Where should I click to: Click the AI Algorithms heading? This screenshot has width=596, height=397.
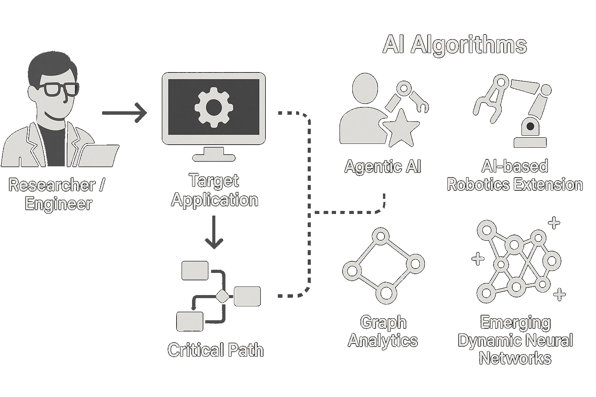[454, 45]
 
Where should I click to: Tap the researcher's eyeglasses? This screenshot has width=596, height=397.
[61, 90]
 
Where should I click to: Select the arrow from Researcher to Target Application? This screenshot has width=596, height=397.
[124, 113]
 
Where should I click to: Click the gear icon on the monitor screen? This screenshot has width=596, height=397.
[213, 107]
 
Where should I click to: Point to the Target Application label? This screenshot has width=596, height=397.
[215, 190]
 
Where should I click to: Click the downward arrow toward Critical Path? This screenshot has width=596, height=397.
[214, 233]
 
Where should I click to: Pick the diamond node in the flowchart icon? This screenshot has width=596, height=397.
[223, 297]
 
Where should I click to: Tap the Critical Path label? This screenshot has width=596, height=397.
[215, 350]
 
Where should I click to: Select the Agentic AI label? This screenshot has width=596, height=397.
[383, 167]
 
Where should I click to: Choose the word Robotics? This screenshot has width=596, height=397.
[482, 185]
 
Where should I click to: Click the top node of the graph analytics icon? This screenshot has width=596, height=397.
[380, 236]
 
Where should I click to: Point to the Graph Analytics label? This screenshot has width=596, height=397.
[383, 331]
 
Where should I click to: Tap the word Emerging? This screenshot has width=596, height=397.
[515, 323]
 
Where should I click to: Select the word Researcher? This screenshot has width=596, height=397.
[52, 185]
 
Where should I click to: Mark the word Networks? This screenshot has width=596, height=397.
[515, 358]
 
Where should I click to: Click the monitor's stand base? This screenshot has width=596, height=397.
[214, 157]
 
